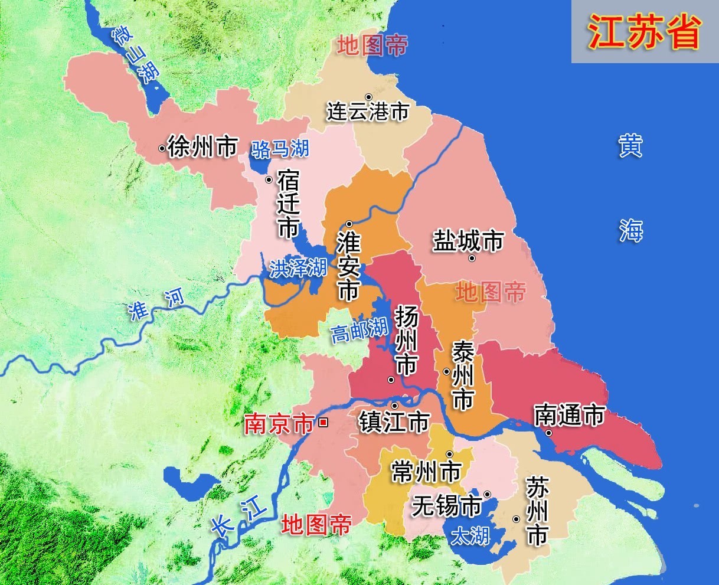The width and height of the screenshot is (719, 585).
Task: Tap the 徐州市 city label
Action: [x=202, y=146]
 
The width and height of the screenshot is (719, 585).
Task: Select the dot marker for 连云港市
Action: [x=368, y=97]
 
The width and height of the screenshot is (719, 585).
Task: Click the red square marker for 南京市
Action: [x=323, y=422]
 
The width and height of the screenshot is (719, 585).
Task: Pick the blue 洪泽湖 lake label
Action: [x=298, y=269]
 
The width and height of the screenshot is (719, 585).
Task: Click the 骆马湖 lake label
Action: [x=280, y=149]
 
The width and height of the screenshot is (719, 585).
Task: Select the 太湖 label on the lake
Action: [x=470, y=536]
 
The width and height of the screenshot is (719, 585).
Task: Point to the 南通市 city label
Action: [x=569, y=416]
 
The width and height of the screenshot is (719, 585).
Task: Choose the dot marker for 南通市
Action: [x=548, y=433]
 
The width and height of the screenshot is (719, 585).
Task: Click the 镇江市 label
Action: [x=394, y=423]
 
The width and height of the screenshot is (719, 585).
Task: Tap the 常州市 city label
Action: [x=426, y=472]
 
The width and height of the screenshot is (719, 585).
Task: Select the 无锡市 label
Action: [x=446, y=506]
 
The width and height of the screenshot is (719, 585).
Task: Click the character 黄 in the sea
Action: [x=630, y=146]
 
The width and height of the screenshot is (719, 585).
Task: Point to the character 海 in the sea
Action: [x=630, y=230]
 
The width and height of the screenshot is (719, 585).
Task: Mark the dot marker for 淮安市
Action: [x=349, y=224]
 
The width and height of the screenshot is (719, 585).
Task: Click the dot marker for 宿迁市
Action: [x=269, y=179]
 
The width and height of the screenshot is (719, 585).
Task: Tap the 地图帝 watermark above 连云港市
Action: [x=372, y=45]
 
